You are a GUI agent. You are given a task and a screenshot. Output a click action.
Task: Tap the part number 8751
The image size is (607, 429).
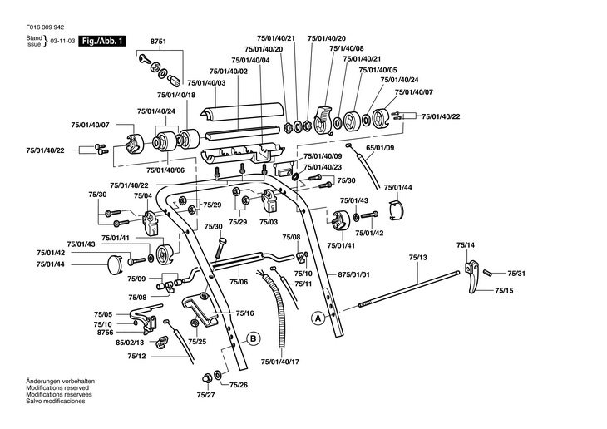[159, 41]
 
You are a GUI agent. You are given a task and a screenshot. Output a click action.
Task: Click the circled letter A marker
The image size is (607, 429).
[317, 318]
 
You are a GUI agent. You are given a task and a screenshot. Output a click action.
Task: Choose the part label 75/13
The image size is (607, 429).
[417, 259]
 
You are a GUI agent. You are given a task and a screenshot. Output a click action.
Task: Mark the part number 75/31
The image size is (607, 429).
[516, 274]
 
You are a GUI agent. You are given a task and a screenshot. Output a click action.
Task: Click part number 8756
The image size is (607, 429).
[104, 332]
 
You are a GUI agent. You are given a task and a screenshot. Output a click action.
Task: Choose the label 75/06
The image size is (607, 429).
[239, 283]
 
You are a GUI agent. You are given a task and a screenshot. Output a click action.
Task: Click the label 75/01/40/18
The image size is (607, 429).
[203, 96]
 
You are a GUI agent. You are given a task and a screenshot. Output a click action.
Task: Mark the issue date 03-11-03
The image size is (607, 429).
[62, 41]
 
